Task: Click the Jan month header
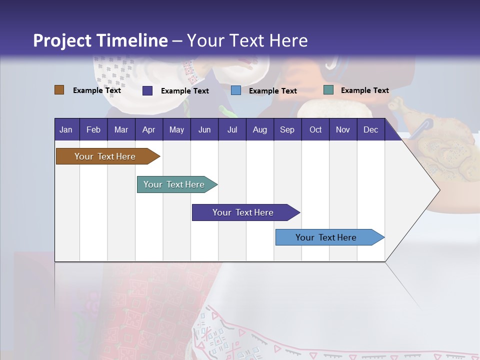coord(66,129)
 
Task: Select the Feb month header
coord(93,129)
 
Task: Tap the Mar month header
coord(121,129)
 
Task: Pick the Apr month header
coord(148,129)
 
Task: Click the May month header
coord(176,129)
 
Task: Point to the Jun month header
coord(204,129)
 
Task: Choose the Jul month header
coord(232,129)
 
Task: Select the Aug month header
coord(259,129)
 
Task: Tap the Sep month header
coord(287,129)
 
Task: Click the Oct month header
coord(315,129)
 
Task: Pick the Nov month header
coord(343,129)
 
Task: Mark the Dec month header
coord(371,129)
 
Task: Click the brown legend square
coord(59,90)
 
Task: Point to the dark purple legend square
coord(147,90)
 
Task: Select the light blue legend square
coord(236,90)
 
